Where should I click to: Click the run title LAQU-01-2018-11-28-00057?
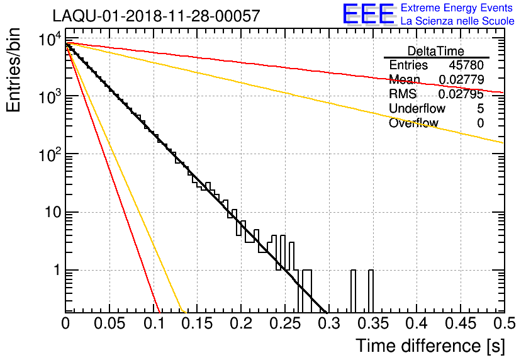coord(155,16)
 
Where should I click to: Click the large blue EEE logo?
coord(369,14)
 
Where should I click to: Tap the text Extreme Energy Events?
coord(457,8)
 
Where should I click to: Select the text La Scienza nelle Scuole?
coord(457,21)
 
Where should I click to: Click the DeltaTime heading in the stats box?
coord(436,51)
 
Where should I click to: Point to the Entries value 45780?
coord(466,65)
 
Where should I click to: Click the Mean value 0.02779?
coord(462,80)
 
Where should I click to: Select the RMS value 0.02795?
coord(462,94)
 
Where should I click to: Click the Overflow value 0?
coord(480,123)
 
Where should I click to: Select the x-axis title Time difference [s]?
coord(428,346)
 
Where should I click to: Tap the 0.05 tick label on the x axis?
coord(109,323)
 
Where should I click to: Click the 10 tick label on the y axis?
coord(50,212)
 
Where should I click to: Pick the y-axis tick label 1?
coord(55,271)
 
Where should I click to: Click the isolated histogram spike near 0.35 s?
coord(371,291)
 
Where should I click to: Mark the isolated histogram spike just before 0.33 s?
coord(353,291)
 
